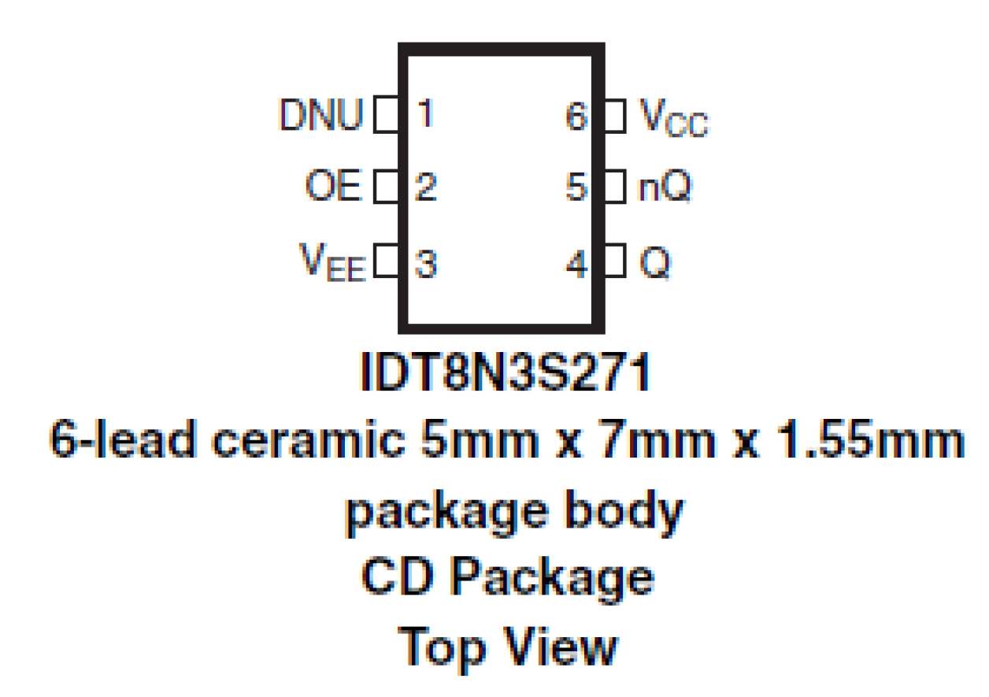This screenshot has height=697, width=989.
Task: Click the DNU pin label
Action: pyautogui.click(x=322, y=116)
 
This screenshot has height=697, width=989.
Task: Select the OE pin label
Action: pyautogui.click(x=333, y=188)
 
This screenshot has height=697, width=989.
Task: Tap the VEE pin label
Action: pyautogui.click(x=332, y=262)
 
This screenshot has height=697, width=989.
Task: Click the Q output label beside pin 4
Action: pyautogui.click(x=654, y=264)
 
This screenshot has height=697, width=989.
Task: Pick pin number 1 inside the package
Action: pyautogui.click(x=425, y=115)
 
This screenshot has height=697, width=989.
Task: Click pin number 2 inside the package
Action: pyautogui.click(x=425, y=188)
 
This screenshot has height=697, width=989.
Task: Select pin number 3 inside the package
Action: pyautogui.click(x=425, y=263)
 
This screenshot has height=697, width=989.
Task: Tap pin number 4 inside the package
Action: pyautogui.click(x=577, y=264)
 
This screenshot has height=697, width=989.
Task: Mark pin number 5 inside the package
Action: pyautogui.click(x=577, y=189)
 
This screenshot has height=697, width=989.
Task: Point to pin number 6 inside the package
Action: pyautogui.click(x=577, y=117)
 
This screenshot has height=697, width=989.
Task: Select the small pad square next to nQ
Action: pyautogui.click(x=615, y=188)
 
